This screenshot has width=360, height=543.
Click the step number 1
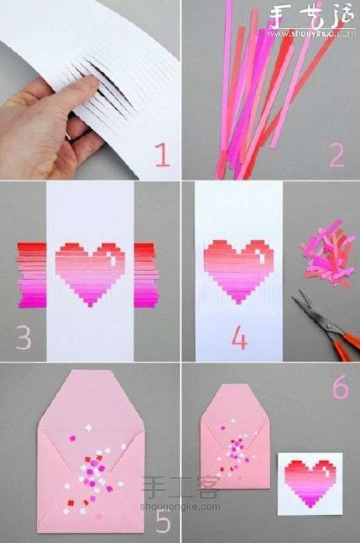(x=161, y=156)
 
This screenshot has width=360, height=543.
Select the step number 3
(x=23, y=338)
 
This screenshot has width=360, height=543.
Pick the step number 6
(x=341, y=389)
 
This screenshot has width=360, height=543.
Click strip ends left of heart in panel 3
(x=32, y=274)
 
